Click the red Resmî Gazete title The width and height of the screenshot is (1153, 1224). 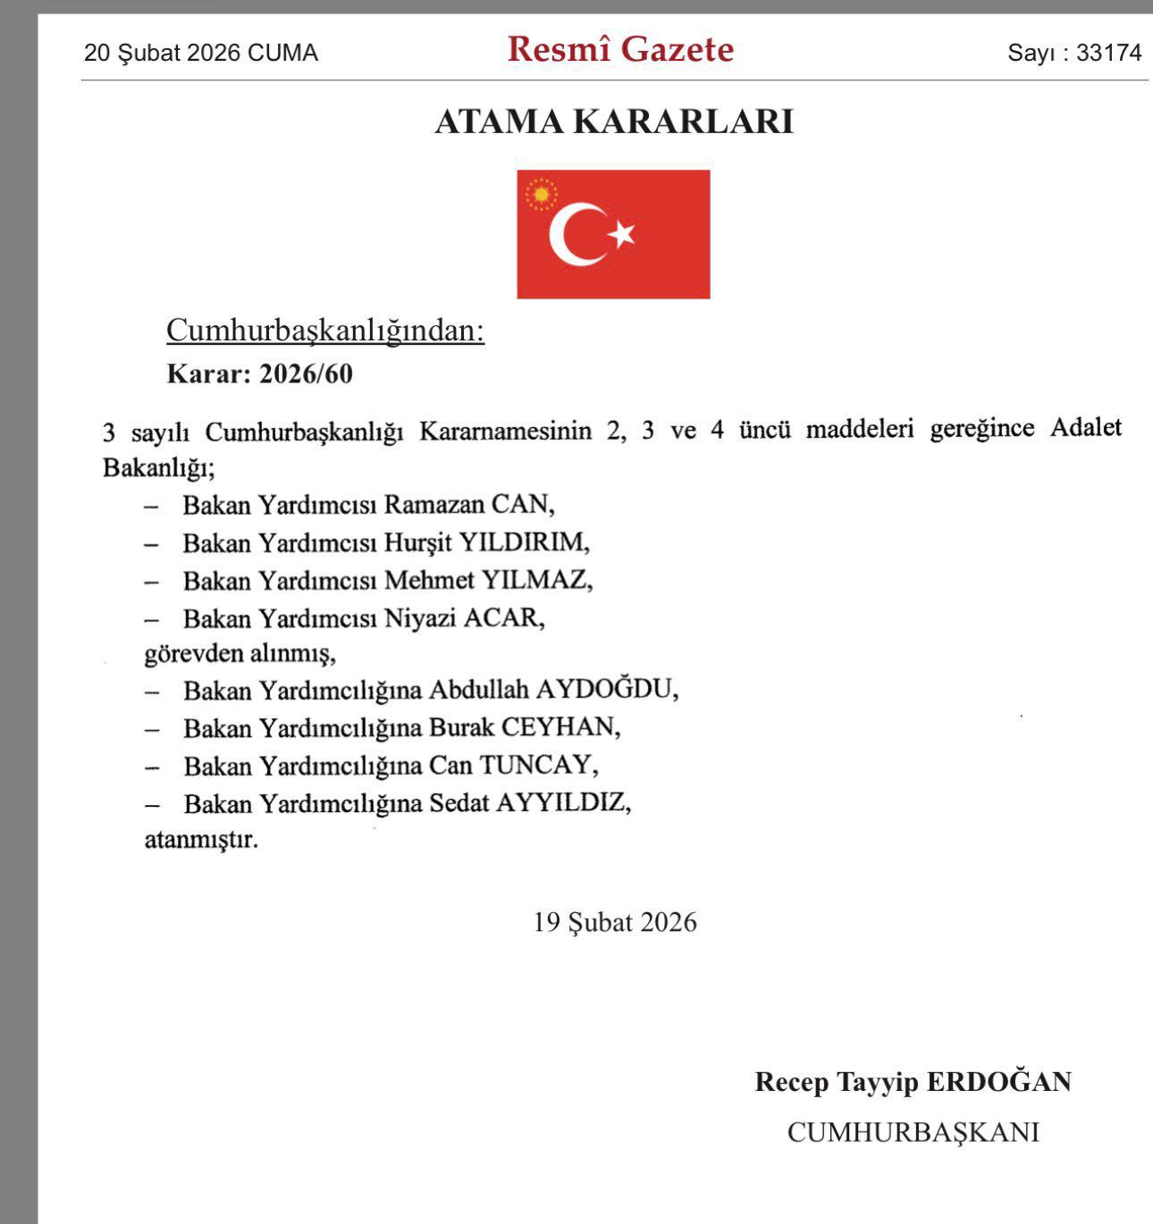(620, 49)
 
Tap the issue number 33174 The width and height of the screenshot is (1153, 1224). (1108, 53)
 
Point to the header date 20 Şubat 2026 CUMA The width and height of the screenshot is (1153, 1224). (201, 53)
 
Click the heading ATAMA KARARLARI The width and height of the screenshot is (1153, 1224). (614, 122)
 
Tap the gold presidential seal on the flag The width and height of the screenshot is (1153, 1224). (541, 194)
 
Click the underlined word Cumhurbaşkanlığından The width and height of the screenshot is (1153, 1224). (325, 331)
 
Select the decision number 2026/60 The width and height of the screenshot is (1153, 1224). (306, 373)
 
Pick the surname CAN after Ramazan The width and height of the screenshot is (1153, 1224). (522, 505)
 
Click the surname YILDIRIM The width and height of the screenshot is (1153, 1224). (524, 542)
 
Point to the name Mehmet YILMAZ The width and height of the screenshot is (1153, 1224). (488, 581)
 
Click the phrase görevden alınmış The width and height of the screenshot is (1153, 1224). (240, 654)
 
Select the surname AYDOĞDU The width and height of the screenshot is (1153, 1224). (606, 691)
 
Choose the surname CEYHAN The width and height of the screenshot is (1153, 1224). (560, 727)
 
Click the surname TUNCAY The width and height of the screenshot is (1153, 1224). (538, 766)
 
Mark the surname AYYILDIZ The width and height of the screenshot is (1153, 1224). (562, 803)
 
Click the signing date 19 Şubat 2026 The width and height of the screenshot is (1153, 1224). (615, 922)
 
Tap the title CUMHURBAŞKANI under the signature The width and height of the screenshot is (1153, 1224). (913, 1132)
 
